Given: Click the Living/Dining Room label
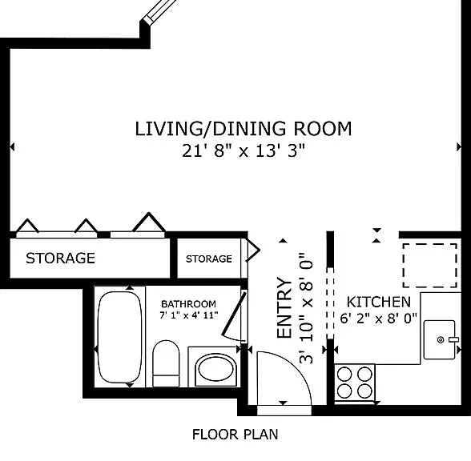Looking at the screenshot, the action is pyautogui.click(x=244, y=129).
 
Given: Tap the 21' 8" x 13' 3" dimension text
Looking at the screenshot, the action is pyautogui.click(x=244, y=150).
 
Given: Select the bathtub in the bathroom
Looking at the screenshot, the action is pyautogui.click(x=120, y=337).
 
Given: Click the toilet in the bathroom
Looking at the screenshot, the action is pyautogui.click(x=166, y=363).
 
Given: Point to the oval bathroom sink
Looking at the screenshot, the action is pyautogui.click(x=216, y=370).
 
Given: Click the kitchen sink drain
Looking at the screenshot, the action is pyautogui.click(x=441, y=340).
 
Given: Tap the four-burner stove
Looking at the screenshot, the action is pyautogui.click(x=355, y=383).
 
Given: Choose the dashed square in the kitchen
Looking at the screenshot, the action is pyautogui.click(x=430, y=266).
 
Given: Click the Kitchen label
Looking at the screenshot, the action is pyautogui.click(x=378, y=302).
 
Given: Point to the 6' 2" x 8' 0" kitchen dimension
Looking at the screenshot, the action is pyautogui.click(x=378, y=319).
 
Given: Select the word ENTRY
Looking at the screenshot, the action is pyautogui.click(x=285, y=307).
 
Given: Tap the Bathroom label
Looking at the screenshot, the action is pyautogui.click(x=189, y=304).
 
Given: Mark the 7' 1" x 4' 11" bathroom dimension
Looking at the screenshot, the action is pyautogui.click(x=189, y=315).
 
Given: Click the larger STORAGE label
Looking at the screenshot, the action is pyautogui.click(x=60, y=258).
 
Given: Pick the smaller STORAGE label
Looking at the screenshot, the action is pyautogui.click(x=209, y=259).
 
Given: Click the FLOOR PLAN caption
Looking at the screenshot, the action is pyautogui.click(x=235, y=435).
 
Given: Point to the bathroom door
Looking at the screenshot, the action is pyautogui.click(x=235, y=315).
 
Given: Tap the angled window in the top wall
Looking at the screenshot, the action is pyautogui.click(x=159, y=10).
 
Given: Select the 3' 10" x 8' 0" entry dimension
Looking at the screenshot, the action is pyautogui.click(x=306, y=307).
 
